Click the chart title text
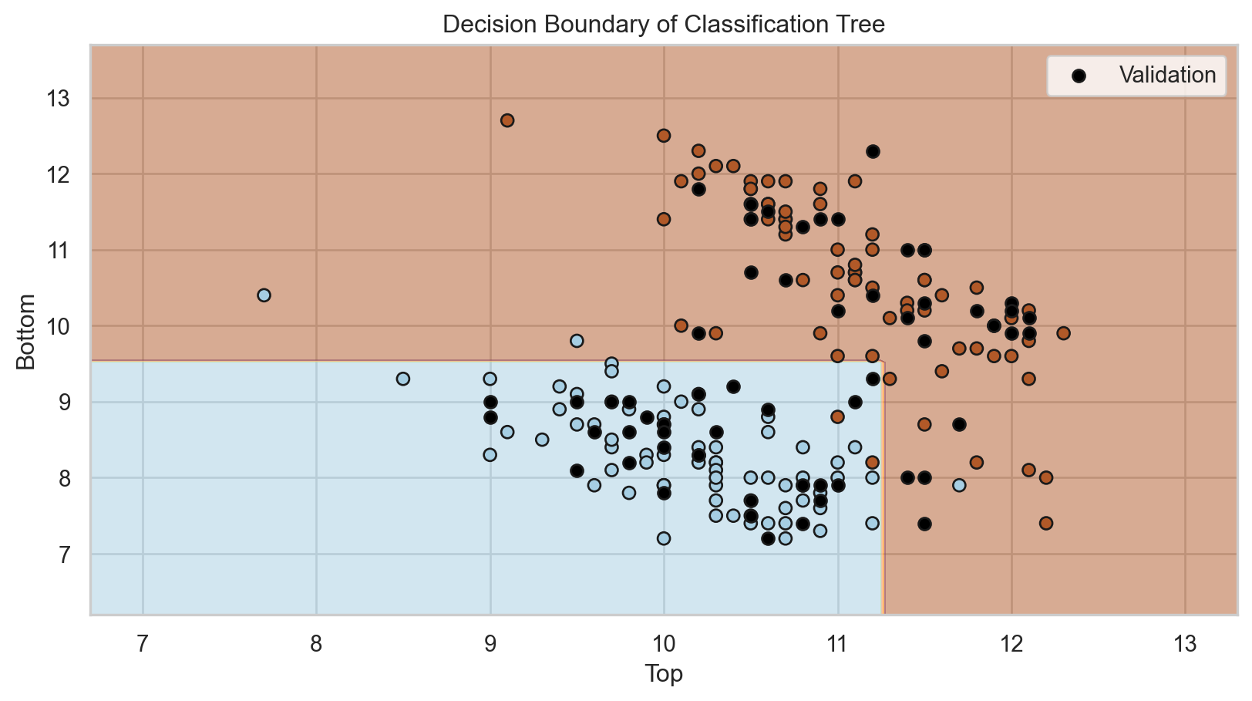click(664, 25)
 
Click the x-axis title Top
click(664, 674)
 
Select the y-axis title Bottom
click(25, 332)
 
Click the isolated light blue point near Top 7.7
click(264, 295)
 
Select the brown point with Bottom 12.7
click(507, 120)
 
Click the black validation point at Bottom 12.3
click(873, 151)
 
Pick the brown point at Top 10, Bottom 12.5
click(664, 136)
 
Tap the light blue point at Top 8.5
click(403, 379)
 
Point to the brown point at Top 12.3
click(1063, 333)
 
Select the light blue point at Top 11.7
click(959, 485)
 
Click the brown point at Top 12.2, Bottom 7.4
click(1046, 523)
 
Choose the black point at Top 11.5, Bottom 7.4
click(924, 524)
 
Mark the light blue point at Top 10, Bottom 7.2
click(664, 538)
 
